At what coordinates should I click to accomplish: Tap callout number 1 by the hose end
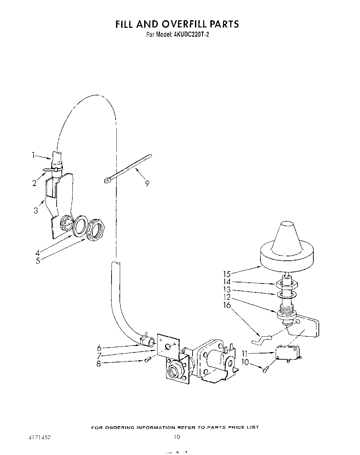coord(34,155)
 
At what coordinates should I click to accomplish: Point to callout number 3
coord(36,210)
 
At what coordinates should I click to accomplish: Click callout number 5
coord(38,260)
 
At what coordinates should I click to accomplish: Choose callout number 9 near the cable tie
coord(147,183)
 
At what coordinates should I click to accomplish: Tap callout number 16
coord(227,305)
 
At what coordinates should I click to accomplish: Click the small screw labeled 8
coord(148,359)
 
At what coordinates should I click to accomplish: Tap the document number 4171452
coord(39,438)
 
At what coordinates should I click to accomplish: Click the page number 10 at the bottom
coord(177,437)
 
